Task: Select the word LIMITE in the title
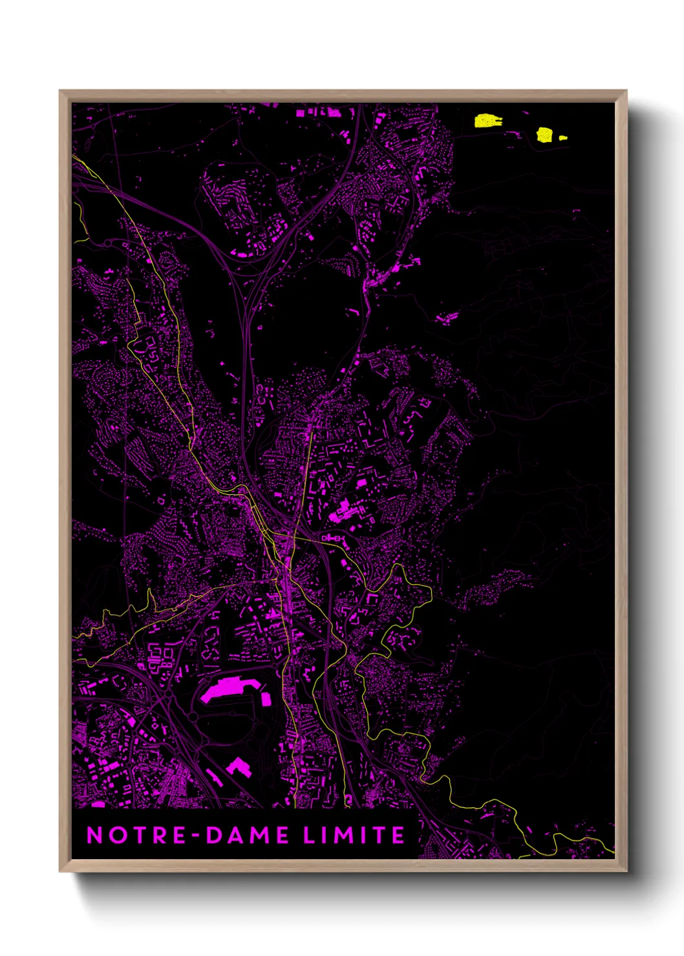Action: [354, 835]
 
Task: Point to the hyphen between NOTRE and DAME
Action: [196, 836]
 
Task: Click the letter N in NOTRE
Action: [94, 835]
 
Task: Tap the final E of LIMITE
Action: [398, 835]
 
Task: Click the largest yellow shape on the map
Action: [488, 121]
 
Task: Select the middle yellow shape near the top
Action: [545, 134]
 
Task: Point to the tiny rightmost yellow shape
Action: [563, 138]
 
